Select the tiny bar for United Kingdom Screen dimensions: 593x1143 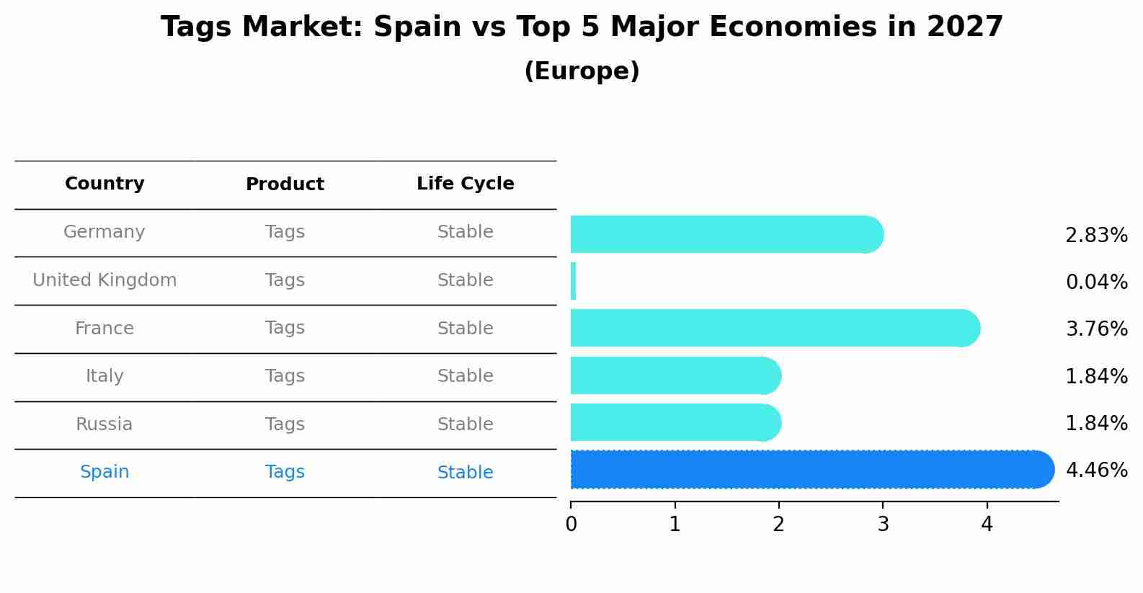pyautogui.click(x=573, y=281)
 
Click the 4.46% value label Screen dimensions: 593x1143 pyautogui.click(x=1096, y=471)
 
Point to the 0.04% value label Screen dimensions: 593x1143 pyautogui.click(x=1096, y=282)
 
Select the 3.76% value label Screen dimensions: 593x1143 pyautogui.click(x=1096, y=329)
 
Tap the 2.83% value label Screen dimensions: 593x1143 pyautogui.click(x=1096, y=236)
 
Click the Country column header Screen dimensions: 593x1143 pyautogui.click(x=104, y=184)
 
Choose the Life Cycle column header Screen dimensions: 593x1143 pyautogui.click(x=465, y=184)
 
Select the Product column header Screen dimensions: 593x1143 pyautogui.click(x=285, y=184)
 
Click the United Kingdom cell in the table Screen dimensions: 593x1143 pyautogui.click(x=104, y=280)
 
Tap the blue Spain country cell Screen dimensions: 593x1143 pyautogui.click(x=104, y=472)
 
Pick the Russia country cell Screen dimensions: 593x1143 pyautogui.click(x=104, y=424)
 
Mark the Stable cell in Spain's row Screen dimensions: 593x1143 pyautogui.click(x=465, y=473)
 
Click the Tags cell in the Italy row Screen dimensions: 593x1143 pyautogui.click(x=285, y=376)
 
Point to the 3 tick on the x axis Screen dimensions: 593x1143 pyautogui.click(x=883, y=525)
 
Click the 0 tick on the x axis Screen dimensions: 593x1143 pyautogui.click(x=571, y=525)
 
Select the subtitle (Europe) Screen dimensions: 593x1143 pyautogui.click(x=582, y=71)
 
